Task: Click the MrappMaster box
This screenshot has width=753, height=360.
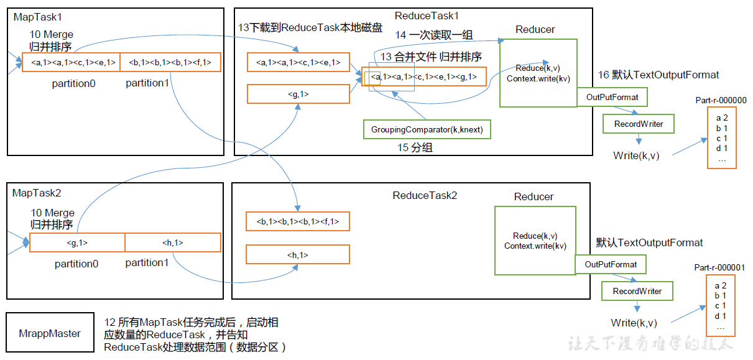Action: point(50,333)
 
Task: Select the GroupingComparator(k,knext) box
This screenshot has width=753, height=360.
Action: point(427,129)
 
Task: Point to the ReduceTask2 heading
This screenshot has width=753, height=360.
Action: point(425,195)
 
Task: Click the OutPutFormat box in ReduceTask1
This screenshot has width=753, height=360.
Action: point(612,97)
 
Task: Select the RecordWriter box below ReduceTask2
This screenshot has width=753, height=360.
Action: point(637,291)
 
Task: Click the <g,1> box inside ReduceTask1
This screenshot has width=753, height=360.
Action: point(298,94)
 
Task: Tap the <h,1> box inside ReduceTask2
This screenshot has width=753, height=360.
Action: point(297,254)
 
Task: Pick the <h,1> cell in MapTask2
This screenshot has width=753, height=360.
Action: point(172,242)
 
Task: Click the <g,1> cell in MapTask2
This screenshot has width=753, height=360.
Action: point(77,242)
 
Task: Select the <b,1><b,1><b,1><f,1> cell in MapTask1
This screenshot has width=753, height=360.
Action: point(170,62)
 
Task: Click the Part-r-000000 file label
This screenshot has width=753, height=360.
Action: point(721,100)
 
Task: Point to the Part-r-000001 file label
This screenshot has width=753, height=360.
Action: point(719,267)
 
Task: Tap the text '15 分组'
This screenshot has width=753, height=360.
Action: point(415,148)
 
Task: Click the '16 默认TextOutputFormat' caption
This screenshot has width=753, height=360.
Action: point(658,75)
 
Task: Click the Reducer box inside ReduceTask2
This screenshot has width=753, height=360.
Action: point(535,241)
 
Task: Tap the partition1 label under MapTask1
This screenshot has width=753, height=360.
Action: point(147,83)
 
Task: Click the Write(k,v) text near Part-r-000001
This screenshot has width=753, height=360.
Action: point(634,323)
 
